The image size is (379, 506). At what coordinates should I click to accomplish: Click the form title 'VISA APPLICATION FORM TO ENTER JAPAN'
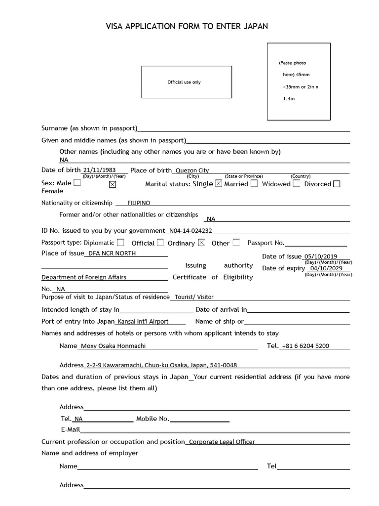187,26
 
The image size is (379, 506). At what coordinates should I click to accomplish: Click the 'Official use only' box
187,82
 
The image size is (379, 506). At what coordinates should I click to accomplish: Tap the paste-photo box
299,82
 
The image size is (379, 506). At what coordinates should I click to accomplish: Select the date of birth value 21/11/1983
100,170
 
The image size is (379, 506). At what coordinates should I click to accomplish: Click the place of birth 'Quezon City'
192,170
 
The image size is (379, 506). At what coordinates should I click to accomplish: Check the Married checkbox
254,183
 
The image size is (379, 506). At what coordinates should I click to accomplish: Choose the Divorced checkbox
337,184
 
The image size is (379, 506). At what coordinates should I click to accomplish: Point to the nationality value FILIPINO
139,203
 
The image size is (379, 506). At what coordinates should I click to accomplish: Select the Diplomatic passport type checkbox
120,243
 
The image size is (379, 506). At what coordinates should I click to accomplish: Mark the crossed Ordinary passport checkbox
201,243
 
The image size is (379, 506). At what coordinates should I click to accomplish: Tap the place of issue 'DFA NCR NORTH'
112,253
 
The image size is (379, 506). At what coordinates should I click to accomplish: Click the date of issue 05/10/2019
321,256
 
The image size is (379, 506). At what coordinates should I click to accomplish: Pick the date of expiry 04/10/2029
326,268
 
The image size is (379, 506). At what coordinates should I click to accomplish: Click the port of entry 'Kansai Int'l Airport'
143,321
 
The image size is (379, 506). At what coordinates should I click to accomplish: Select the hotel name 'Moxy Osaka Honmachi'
114,346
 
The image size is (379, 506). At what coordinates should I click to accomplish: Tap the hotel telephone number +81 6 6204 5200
305,346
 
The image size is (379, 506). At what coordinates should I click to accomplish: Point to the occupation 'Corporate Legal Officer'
222,442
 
